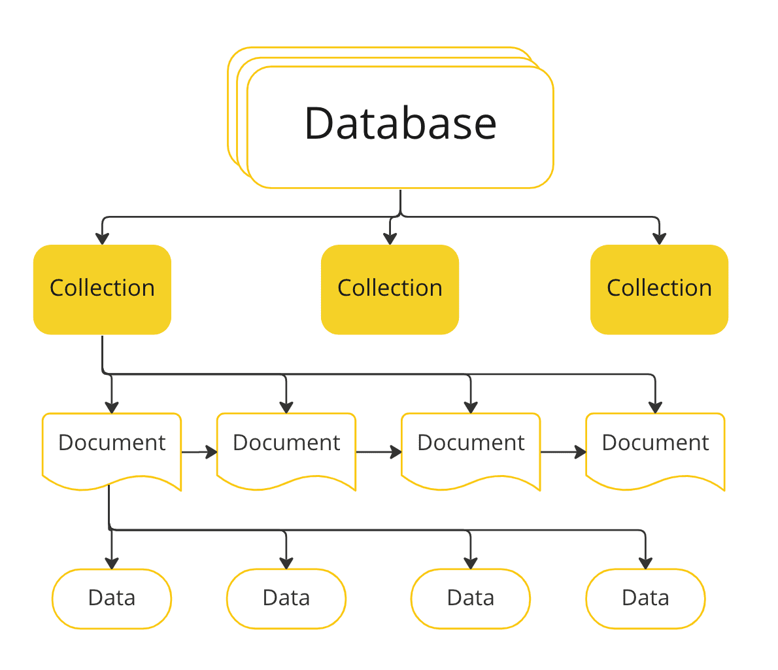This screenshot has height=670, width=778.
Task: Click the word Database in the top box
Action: click(x=400, y=123)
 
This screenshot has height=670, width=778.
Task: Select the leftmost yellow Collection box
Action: click(x=102, y=289)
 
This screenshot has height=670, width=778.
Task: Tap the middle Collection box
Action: click(x=390, y=289)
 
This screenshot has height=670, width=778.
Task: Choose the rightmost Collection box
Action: click(x=659, y=289)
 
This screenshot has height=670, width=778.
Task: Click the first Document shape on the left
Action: click(x=111, y=448)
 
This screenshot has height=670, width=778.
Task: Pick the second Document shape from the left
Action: click(x=286, y=448)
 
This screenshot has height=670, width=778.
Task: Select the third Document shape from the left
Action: click(x=471, y=448)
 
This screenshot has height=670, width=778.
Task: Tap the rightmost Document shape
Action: click(x=655, y=448)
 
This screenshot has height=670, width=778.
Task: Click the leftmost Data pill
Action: click(x=111, y=598)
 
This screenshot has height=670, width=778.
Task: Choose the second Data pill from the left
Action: click(x=286, y=598)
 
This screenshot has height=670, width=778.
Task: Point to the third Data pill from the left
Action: click(x=471, y=598)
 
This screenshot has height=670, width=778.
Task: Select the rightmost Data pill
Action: click(x=645, y=598)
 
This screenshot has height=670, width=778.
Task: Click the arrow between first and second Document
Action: click(x=199, y=451)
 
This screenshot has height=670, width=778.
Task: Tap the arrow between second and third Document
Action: click(x=379, y=451)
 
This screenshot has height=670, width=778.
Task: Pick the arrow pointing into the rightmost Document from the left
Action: click(x=564, y=451)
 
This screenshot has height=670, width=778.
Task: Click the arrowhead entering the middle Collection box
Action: click(x=390, y=239)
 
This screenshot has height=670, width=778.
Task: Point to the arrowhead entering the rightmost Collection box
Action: click(x=659, y=239)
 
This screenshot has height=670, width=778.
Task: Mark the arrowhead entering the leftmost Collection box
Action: click(x=102, y=239)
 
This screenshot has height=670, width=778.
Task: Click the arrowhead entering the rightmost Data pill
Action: click(x=645, y=563)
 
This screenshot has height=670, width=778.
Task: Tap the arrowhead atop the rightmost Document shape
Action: click(x=655, y=407)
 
